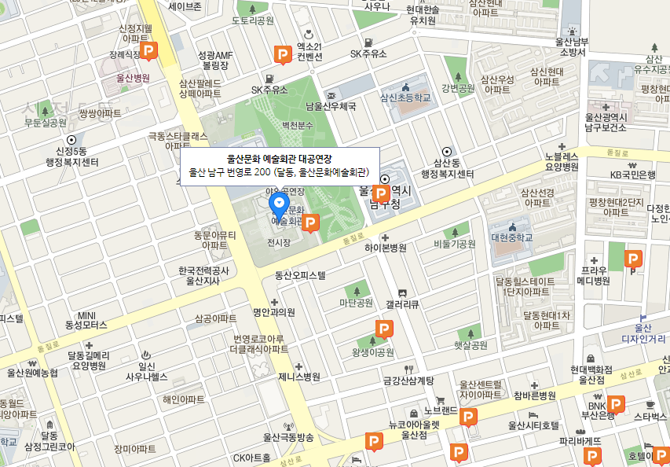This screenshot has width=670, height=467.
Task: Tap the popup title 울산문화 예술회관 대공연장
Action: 279,158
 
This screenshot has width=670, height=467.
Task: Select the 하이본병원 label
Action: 385,248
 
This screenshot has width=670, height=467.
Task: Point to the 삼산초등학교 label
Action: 405,98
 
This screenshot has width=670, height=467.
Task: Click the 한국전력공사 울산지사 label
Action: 203,276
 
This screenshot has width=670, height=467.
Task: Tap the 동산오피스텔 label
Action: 300,275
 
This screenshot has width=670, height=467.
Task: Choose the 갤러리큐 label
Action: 403,303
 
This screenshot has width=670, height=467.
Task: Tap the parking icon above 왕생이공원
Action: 384,329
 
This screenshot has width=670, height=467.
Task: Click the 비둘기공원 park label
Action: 455,245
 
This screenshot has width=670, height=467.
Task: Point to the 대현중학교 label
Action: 511,237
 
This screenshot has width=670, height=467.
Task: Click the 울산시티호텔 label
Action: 533,425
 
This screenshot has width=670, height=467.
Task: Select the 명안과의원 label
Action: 273,312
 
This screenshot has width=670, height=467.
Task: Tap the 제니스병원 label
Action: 299,377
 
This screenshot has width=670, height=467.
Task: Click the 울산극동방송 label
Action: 288,437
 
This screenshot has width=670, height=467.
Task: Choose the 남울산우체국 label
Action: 331,106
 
